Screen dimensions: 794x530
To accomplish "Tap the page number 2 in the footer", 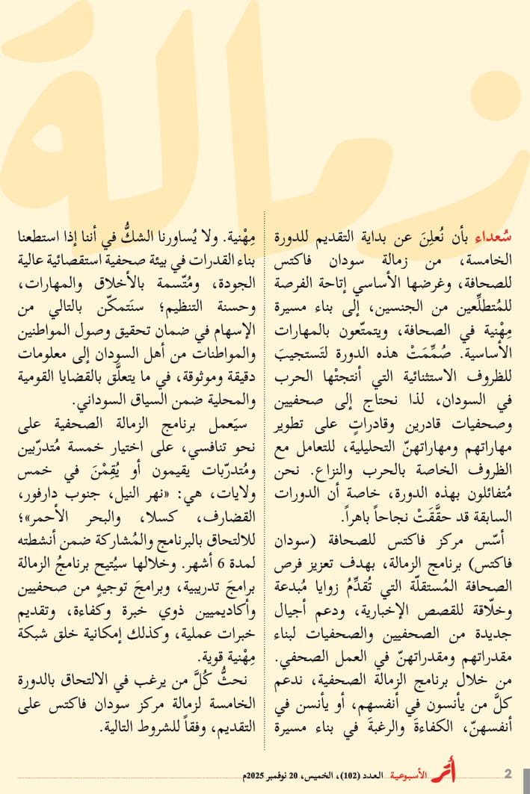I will tap(508, 773).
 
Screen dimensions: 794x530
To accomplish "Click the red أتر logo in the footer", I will tap(443, 773).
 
